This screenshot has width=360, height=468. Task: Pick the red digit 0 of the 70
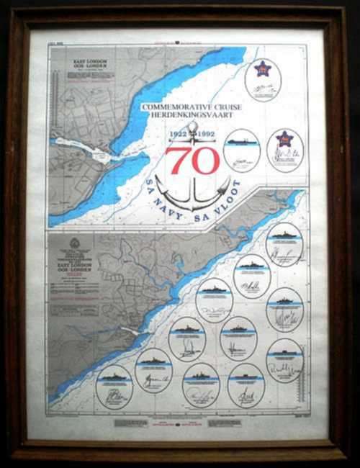click(x=206, y=161)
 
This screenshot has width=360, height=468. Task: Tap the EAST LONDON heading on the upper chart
click(x=90, y=63)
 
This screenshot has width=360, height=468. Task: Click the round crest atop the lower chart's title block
click(x=74, y=243)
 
